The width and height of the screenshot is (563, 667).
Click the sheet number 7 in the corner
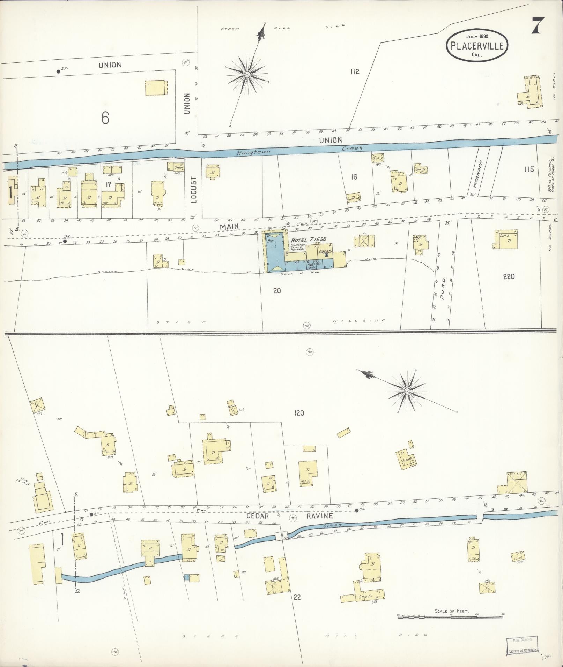(538, 26)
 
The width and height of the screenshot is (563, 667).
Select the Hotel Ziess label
(311, 239)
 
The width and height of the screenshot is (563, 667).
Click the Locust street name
(194, 189)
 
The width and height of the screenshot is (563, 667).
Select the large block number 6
(105, 118)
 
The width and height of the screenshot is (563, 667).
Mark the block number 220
(509, 277)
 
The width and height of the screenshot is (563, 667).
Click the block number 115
(529, 169)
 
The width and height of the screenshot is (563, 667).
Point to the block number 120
(299, 413)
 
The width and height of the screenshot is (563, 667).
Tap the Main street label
(229, 227)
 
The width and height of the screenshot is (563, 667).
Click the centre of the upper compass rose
(247, 75)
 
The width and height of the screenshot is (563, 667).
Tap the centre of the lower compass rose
(407, 391)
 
